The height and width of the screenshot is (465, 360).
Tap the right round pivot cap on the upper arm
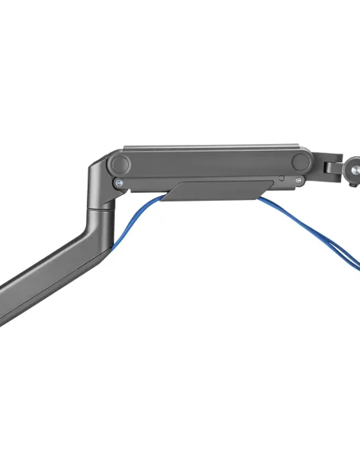[x=300, y=162]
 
